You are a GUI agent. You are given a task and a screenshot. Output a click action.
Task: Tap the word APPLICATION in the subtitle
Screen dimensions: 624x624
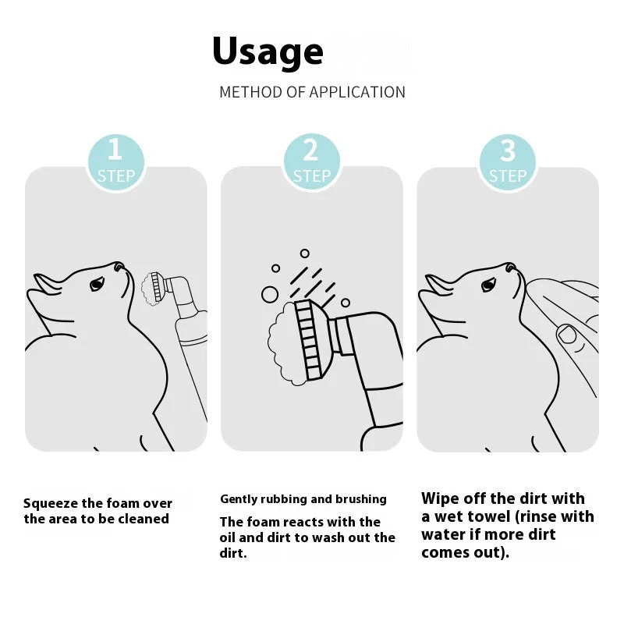click(357, 92)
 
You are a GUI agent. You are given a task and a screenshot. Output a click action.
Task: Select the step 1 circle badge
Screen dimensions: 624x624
click(115, 162)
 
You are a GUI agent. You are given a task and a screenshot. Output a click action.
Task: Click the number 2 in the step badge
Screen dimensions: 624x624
click(310, 150)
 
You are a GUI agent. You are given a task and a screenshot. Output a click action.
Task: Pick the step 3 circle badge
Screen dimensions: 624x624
click(508, 162)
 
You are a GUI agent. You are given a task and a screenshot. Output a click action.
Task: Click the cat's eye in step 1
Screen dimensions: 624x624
click(97, 284)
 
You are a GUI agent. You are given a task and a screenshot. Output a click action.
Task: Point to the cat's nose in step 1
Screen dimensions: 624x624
click(118, 266)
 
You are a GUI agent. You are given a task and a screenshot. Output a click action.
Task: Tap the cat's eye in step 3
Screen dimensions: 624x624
click(488, 285)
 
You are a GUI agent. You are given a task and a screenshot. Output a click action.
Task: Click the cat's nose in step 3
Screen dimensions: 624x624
click(509, 267)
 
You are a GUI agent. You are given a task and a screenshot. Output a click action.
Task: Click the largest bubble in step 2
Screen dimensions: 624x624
click(269, 295)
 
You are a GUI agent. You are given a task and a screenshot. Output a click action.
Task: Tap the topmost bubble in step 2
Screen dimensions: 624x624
click(305, 253)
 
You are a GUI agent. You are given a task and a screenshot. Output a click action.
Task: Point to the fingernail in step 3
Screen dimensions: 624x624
click(567, 335)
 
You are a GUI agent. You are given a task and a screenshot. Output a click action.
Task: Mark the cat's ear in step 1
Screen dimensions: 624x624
click(47, 283)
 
